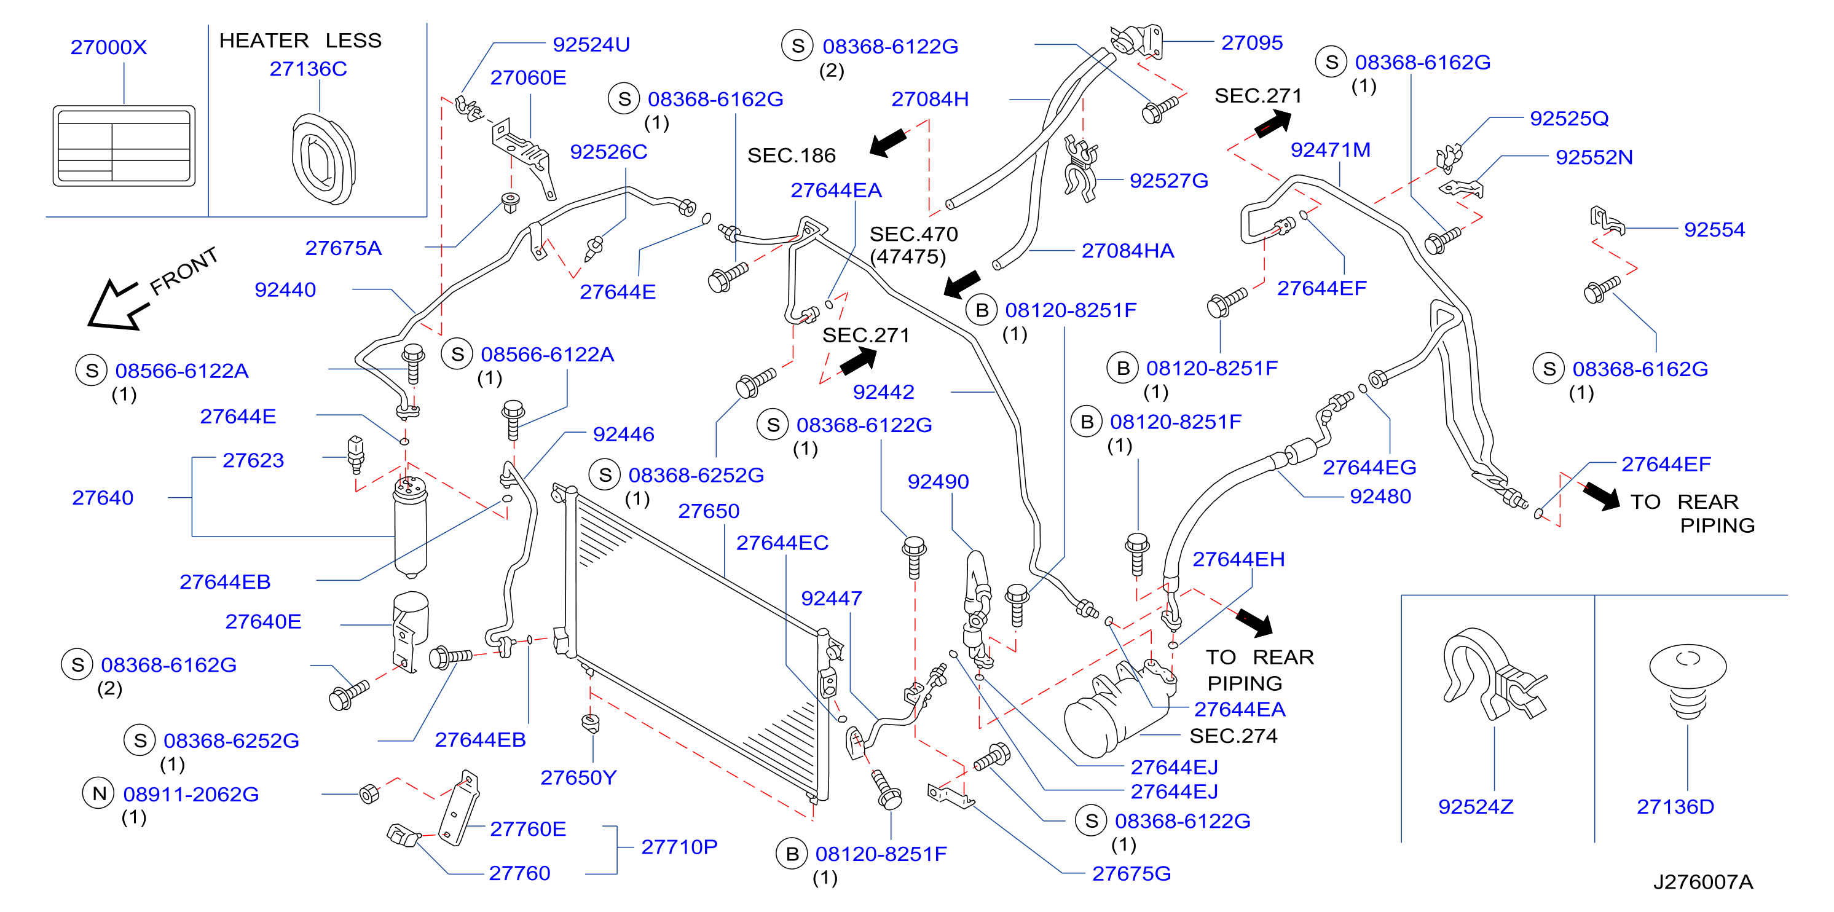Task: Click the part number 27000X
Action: pyautogui.click(x=108, y=47)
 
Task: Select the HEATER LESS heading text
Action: pyautogui.click(x=301, y=40)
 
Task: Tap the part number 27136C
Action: pyautogui.click(x=309, y=68)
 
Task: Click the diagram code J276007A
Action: pyautogui.click(x=1703, y=882)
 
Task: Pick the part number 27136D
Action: pyautogui.click(x=1675, y=807)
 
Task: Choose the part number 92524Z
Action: pyautogui.click(x=1476, y=807)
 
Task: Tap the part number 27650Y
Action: pyautogui.click(x=578, y=777)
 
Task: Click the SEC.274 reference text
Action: pyautogui.click(x=1234, y=736)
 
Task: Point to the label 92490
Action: pyautogui.click(x=939, y=481)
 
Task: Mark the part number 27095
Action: pyautogui.click(x=1253, y=43)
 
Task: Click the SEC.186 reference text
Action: pyautogui.click(x=792, y=155)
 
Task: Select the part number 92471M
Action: pyautogui.click(x=1331, y=149)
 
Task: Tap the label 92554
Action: pyautogui.click(x=1714, y=229)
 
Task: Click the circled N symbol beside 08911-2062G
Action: pyautogui.click(x=100, y=793)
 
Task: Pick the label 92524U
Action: pyautogui.click(x=592, y=44)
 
